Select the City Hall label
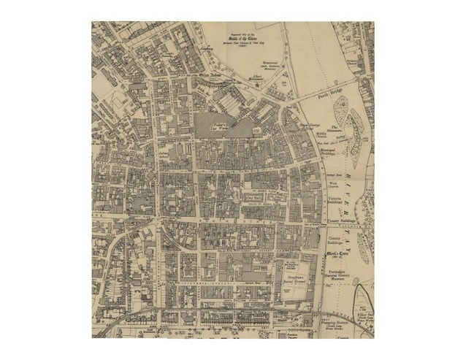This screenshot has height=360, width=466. (253, 198)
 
